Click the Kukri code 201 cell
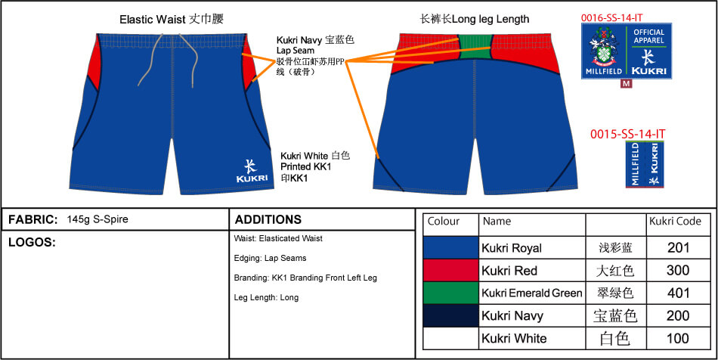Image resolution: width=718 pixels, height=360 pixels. tap(677, 247)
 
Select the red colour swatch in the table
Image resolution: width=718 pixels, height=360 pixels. tap(450, 270)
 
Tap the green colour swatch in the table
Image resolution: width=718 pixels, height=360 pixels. tap(450, 293)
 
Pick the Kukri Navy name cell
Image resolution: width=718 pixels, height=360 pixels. tap(512, 315)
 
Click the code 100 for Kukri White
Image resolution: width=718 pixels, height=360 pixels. tap(677, 338)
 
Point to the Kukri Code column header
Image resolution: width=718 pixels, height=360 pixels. tap(675, 222)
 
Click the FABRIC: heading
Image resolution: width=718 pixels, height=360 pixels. tap(33, 219)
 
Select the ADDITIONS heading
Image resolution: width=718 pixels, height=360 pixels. tap(268, 219)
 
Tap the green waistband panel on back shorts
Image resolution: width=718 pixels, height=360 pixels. tap(474, 45)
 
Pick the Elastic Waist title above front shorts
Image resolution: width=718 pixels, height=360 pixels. tap(172, 19)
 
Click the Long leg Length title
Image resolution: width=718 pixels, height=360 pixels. tap(475, 19)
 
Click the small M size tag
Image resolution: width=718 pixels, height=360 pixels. tap(626, 84)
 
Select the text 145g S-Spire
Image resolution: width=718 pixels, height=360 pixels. tap(97, 219)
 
